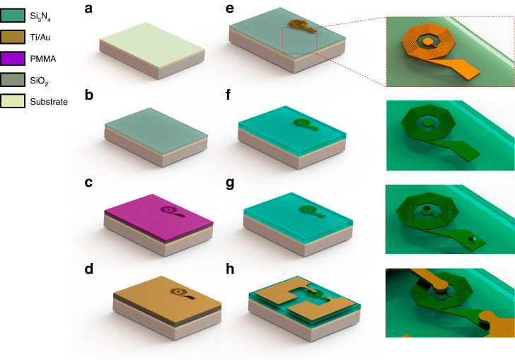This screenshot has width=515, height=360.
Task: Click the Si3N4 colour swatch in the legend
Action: tap(13, 15)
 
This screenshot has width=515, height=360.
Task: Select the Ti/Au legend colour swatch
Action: tap(13, 37)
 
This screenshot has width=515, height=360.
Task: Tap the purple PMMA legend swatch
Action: tap(13, 59)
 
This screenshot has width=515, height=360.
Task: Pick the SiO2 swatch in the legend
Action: tap(13, 80)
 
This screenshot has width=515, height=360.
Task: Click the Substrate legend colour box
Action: tap(13, 101)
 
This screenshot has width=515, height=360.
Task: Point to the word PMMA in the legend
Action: tap(43, 59)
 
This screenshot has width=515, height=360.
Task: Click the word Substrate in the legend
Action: tap(49, 102)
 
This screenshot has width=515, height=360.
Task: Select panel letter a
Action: tap(88, 9)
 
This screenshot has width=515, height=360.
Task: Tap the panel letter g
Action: tap(230, 183)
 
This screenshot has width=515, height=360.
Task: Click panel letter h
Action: tap(230, 269)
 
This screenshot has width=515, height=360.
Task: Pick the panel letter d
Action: tap(88, 269)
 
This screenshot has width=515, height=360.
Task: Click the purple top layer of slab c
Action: tap(158, 217)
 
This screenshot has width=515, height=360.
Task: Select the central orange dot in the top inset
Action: tap(427, 42)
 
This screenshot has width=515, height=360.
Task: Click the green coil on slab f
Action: tap(305, 124)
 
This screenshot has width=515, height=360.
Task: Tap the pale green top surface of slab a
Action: tap(152, 45)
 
